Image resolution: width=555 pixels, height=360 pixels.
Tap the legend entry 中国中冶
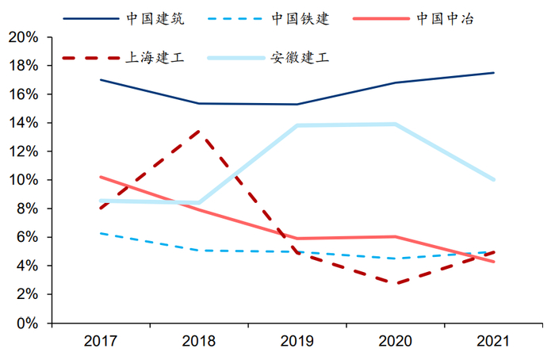(445, 18)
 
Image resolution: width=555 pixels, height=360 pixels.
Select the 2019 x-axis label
(297, 341)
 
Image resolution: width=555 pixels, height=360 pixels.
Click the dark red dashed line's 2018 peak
(198, 131)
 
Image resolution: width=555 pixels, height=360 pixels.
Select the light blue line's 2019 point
(297, 125)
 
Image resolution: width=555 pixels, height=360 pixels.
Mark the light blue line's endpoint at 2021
(494, 180)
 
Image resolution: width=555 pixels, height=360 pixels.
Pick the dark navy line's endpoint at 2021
(494, 73)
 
